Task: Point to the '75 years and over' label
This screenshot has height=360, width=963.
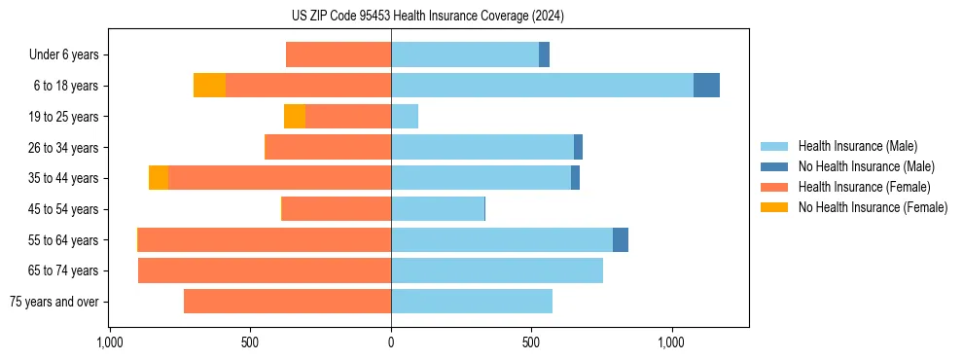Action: tap(53, 302)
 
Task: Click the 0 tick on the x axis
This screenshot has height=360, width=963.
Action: tap(391, 342)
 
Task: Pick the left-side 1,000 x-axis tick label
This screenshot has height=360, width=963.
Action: tap(110, 342)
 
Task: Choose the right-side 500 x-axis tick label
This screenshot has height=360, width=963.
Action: tap(531, 342)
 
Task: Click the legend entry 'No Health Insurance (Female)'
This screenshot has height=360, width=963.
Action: tap(873, 207)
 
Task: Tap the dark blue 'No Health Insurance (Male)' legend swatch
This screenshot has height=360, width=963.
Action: tap(774, 166)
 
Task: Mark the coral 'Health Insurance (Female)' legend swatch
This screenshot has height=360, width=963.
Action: tap(774, 187)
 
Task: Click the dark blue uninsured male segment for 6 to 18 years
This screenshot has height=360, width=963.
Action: tap(706, 86)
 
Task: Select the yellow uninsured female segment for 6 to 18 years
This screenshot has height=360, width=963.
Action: tap(209, 86)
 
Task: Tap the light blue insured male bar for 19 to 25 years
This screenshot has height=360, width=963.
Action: tap(405, 117)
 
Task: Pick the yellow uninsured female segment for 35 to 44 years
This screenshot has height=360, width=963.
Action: tap(159, 178)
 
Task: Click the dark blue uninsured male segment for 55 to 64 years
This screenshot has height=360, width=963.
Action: tap(621, 239)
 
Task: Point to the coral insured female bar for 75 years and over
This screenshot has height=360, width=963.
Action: tap(287, 302)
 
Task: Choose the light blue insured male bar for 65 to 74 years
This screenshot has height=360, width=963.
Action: tap(497, 270)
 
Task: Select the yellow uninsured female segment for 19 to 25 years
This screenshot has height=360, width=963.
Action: tap(295, 117)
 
